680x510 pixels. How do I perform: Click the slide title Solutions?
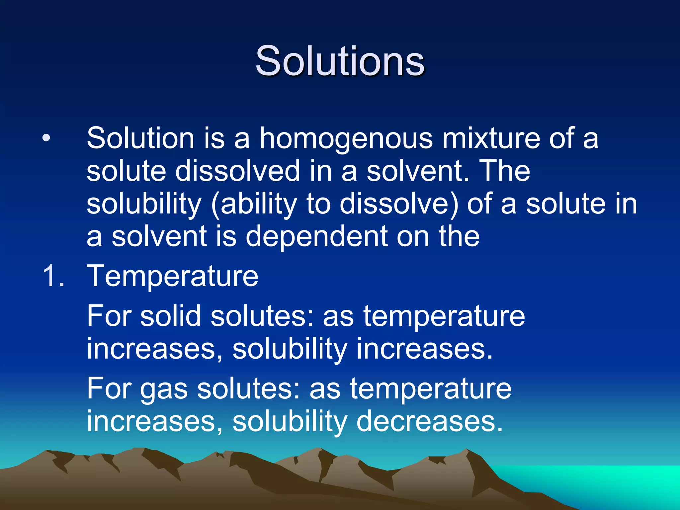[x=340, y=61]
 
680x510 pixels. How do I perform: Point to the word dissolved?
[x=237, y=171]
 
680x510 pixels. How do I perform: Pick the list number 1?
[x=53, y=276]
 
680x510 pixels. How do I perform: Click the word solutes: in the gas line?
[x=249, y=389]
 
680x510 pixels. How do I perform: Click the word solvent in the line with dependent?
[x=159, y=236]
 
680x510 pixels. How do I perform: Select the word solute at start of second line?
[x=126, y=171]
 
